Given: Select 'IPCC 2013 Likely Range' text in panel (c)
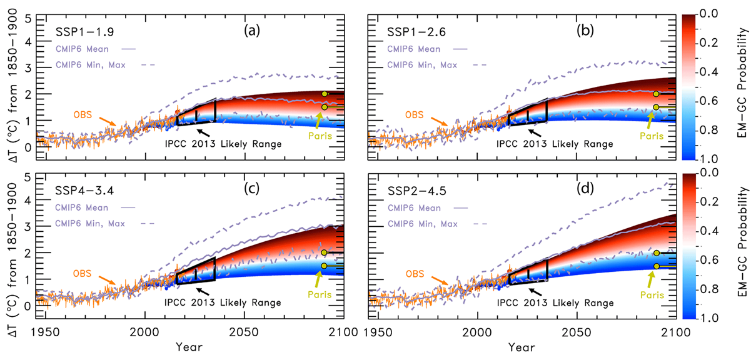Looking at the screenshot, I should tap(223, 302).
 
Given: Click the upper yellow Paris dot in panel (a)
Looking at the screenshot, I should tap(324, 94).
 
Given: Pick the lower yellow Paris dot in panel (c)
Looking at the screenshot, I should tap(324, 266).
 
